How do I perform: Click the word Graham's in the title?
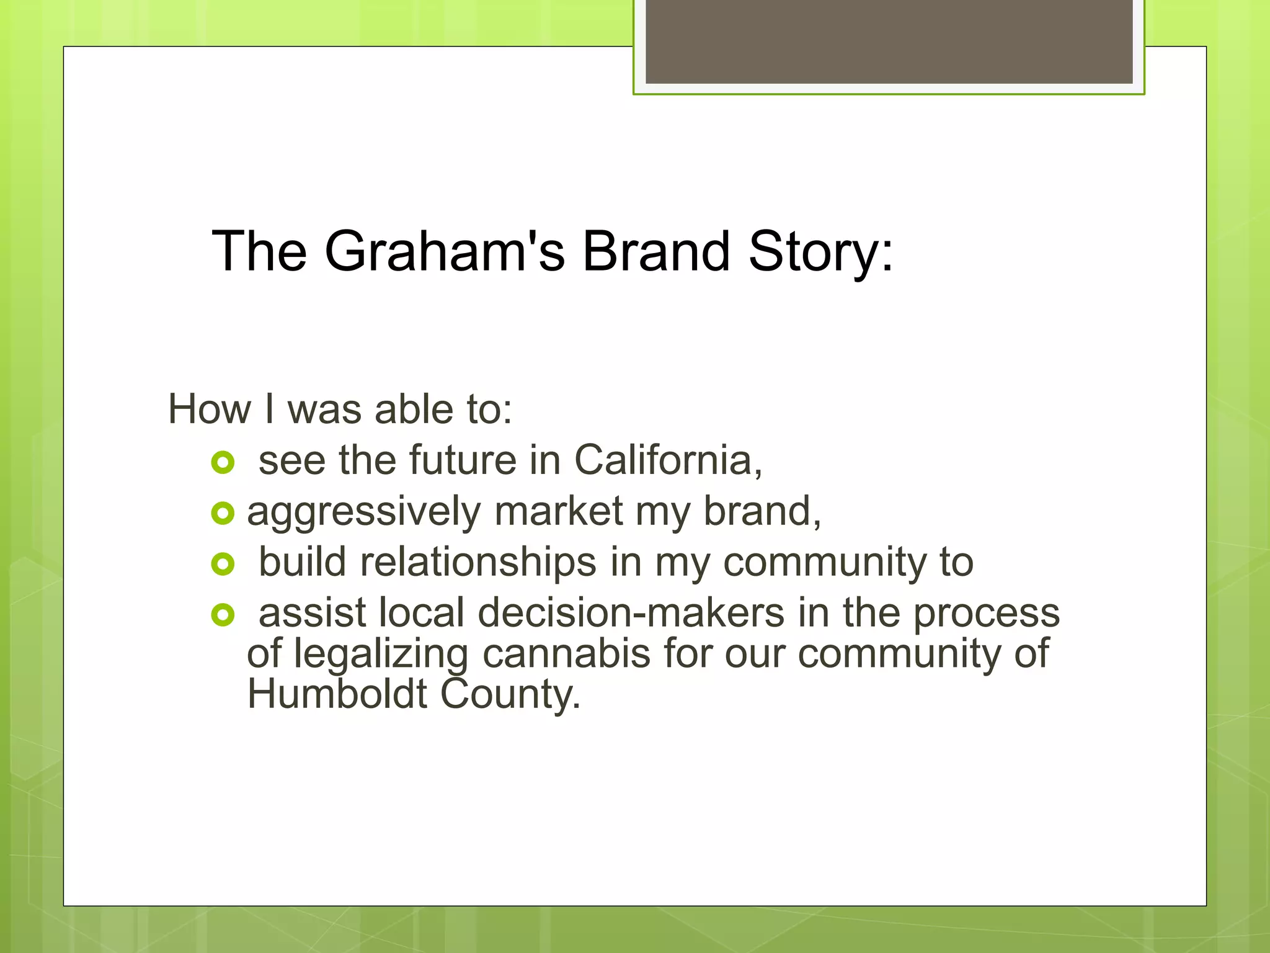click(x=444, y=251)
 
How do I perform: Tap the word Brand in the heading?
click(x=656, y=251)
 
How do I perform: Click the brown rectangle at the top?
click(x=889, y=42)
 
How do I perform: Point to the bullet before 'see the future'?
click(x=223, y=462)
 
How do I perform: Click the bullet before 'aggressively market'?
click(x=223, y=513)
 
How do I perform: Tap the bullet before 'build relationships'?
click(x=223, y=564)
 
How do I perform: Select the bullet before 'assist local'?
click(x=223, y=615)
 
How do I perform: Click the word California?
click(x=667, y=460)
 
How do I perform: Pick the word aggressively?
click(x=363, y=512)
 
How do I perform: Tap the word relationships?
click(x=478, y=562)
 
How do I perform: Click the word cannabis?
click(x=566, y=653)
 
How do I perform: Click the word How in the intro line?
click(x=210, y=409)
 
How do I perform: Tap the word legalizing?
click(x=381, y=655)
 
